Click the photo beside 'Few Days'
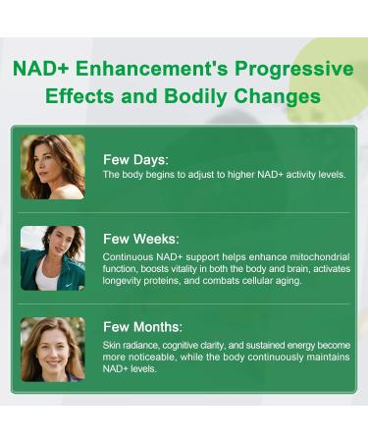(52, 166)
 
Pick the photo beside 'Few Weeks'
(52, 257)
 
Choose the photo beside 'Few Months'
(52, 349)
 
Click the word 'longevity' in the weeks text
(125, 280)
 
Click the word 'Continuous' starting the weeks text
(127, 255)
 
